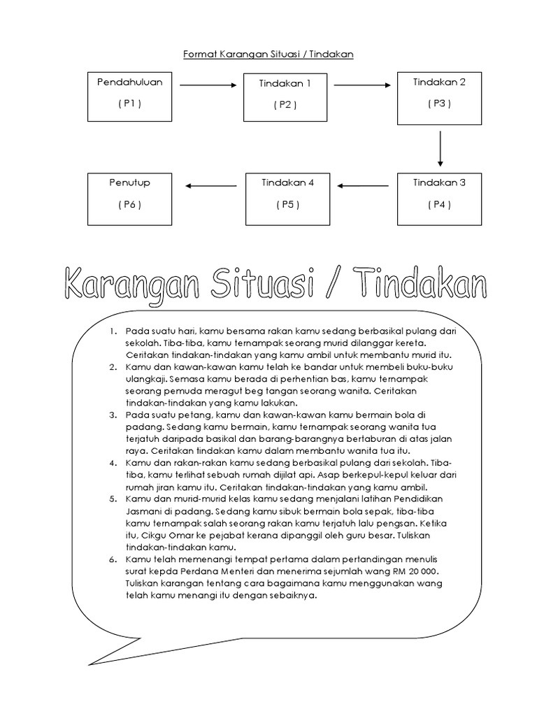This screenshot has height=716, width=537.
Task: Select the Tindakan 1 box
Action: (x=285, y=96)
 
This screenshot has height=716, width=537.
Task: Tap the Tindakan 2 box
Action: (x=440, y=96)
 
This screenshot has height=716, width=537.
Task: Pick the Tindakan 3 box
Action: (x=440, y=199)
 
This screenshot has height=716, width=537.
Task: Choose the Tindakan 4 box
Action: (x=286, y=199)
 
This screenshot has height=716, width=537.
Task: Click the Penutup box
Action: (x=129, y=199)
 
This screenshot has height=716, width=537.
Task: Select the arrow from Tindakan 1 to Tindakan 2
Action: (x=361, y=85)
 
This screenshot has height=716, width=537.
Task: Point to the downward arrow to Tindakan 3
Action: (x=441, y=148)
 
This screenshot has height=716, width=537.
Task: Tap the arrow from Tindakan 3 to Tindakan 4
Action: (x=361, y=186)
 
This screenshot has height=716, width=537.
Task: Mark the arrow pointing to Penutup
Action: (x=207, y=186)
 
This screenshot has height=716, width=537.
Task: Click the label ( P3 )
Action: (x=440, y=103)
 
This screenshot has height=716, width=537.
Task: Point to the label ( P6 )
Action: (x=129, y=204)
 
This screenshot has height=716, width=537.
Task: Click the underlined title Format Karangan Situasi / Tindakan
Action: (x=268, y=53)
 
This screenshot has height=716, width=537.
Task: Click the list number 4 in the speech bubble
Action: (x=115, y=463)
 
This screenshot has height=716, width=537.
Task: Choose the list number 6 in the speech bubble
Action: (x=115, y=560)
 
